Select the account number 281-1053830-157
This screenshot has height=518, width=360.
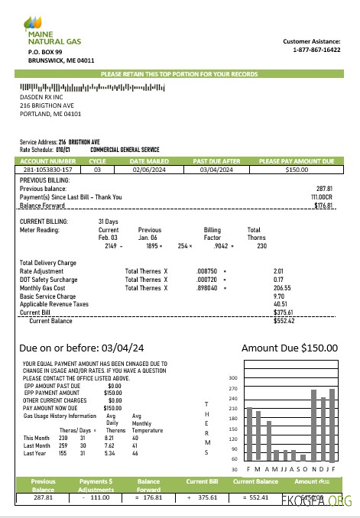(47, 170)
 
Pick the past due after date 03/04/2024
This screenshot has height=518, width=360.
(216, 170)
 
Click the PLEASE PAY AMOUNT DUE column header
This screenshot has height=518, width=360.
(297, 161)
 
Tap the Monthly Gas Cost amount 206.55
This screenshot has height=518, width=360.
(282, 288)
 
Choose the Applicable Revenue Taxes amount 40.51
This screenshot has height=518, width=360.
(281, 304)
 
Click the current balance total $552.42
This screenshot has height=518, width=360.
(283, 321)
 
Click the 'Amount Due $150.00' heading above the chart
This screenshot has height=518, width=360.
(289, 348)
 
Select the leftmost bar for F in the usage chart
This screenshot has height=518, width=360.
(249, 435)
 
